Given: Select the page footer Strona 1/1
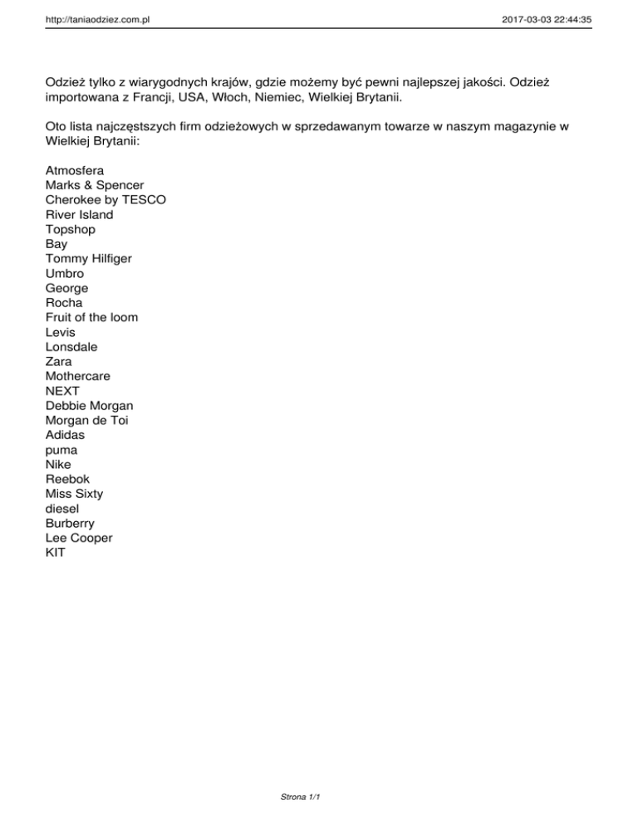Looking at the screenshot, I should [301, 798].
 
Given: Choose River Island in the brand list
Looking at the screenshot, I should [80, 214].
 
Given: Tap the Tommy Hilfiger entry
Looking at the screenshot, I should [89, 258].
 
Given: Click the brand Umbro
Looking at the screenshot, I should [65, 273].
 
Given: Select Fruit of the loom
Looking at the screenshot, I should [92, 317].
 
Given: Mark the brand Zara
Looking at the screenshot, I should [59, 362].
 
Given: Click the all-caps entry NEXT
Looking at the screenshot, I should [63, 391].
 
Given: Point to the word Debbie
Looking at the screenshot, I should [66, 406].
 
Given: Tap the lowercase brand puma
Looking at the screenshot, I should [62, 450].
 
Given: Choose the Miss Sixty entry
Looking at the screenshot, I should [75, 494].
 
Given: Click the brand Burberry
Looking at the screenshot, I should [71, 523].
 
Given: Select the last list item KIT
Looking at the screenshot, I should [56, 552].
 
